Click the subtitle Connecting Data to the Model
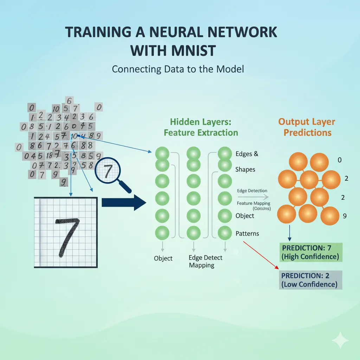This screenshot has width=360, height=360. click(178, 69)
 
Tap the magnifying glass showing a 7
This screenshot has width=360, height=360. click(108, 171)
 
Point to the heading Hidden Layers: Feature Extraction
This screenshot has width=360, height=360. click(201, 127)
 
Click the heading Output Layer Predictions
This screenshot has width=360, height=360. click(307, 127)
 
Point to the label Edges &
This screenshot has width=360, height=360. click(247, 154)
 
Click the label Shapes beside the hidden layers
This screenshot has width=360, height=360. click(245, 169)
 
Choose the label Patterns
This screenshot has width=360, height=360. click(247, 233)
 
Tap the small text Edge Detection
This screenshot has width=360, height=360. click(252, 191)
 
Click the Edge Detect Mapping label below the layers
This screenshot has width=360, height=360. click(205, 262)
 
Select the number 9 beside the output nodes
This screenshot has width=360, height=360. click(345, 216)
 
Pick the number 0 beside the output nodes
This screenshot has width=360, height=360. click(340, 160)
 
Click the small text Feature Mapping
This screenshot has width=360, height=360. click(253, 203)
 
